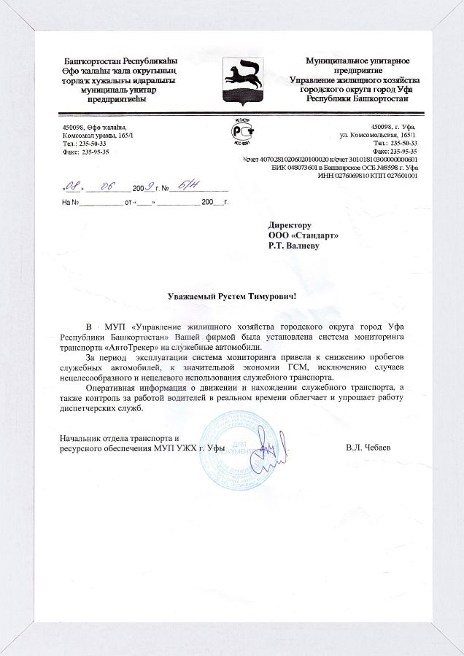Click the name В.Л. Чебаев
368,447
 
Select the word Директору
290,225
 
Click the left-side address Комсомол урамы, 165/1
98,136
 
